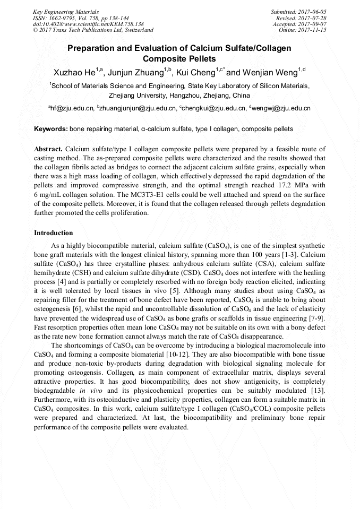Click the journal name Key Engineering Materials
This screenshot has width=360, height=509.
[65, 11]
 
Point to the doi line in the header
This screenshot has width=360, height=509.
[88, 24]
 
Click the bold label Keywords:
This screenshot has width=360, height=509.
[51, 129]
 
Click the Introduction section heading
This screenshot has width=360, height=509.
[54, 233]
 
